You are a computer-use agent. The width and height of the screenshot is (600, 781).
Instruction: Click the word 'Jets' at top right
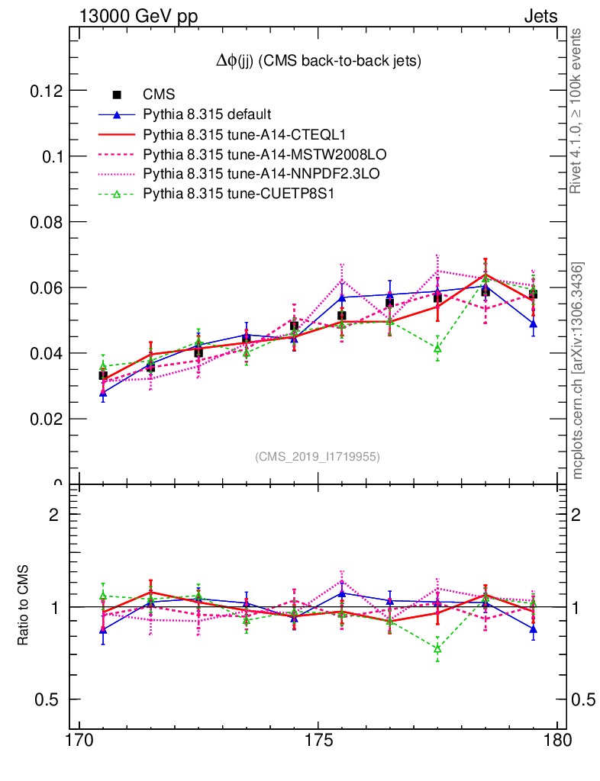pos(540,16)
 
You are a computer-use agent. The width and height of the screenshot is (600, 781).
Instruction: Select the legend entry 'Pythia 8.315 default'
pos(207,114)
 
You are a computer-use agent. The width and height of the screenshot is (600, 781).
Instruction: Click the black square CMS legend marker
pos(117,95)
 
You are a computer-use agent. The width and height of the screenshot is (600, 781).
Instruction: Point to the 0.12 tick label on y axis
pos(45,91)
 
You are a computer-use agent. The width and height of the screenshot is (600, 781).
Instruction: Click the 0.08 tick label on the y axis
pos(45,222)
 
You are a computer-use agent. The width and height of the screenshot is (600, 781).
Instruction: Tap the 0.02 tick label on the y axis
pos(45,419)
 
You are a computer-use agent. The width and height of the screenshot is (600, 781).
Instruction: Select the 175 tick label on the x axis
pos(318,741)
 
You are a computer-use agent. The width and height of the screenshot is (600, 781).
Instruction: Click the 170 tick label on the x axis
pos(80,741)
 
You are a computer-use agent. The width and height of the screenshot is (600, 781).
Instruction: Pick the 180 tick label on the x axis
pos(556,741)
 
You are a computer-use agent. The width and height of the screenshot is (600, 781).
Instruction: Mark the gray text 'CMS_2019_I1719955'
pos(317,457)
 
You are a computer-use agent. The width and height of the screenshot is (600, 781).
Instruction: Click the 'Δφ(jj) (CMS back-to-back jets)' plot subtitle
pos(318,61)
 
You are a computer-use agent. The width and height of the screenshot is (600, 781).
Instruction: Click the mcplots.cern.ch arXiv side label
pos(578,370)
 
